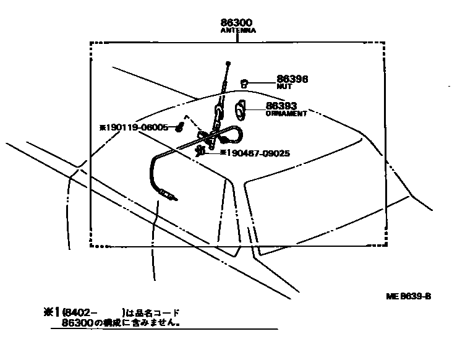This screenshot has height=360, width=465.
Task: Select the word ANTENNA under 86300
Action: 238,30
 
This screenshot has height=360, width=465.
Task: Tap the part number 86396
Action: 292,79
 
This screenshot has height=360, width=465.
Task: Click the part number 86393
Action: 282,106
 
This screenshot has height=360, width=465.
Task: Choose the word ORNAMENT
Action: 286,114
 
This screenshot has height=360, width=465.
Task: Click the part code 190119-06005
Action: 137,127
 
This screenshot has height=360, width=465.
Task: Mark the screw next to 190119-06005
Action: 179,127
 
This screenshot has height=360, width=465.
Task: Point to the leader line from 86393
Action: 256,108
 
